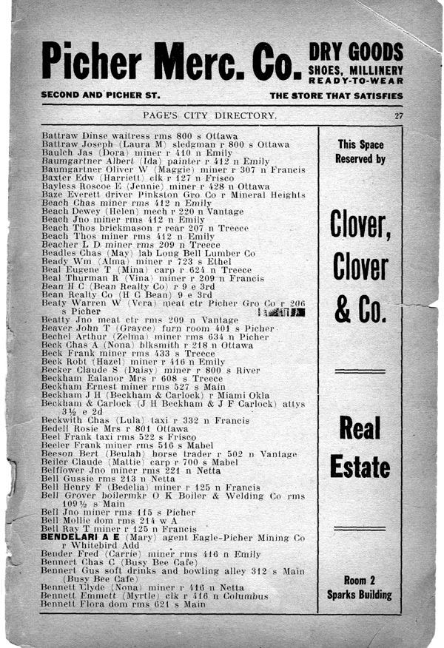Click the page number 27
[x=398, y=115]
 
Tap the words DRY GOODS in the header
[x=356, y=52]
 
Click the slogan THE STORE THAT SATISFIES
[x=336, y=95]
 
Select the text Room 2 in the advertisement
[x=360, y=581]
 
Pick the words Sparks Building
[x=360, y=594]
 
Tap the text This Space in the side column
[x=360, y=145]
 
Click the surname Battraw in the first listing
[x=57, y=137]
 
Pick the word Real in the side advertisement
[x=360, y=428]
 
